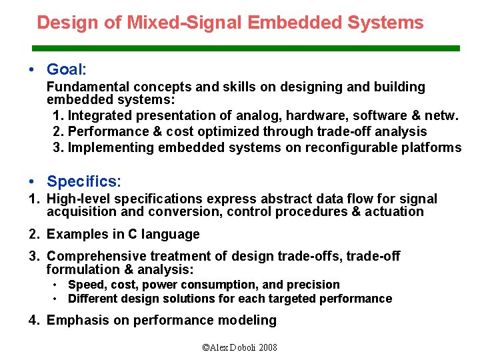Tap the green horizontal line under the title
247,49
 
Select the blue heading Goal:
67,69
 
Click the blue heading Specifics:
84,181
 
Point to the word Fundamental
88,87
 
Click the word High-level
79,199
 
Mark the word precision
313,285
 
